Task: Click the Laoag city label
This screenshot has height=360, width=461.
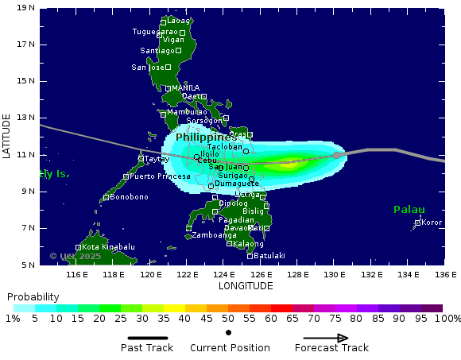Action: point(179,21)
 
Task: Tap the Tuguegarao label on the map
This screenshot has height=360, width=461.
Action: point(155,32)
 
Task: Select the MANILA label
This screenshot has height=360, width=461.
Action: point(185,88)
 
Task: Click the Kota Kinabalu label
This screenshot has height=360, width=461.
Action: point(108,247)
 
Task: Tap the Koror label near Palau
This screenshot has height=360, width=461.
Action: point(432,223)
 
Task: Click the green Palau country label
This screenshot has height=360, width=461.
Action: point(409,210)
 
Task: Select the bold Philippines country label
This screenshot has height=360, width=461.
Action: point(206,137)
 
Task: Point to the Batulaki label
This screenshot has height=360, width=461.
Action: point(269,256)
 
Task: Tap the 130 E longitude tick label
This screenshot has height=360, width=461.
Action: point(335,275)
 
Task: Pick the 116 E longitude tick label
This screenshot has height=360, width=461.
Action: point(77,275)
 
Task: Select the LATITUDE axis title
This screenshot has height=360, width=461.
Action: point(6,136)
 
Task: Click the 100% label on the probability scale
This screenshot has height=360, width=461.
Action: point(447,319)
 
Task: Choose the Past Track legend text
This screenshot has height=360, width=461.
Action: point(147,348)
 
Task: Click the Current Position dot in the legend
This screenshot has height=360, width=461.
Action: point(229,332)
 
